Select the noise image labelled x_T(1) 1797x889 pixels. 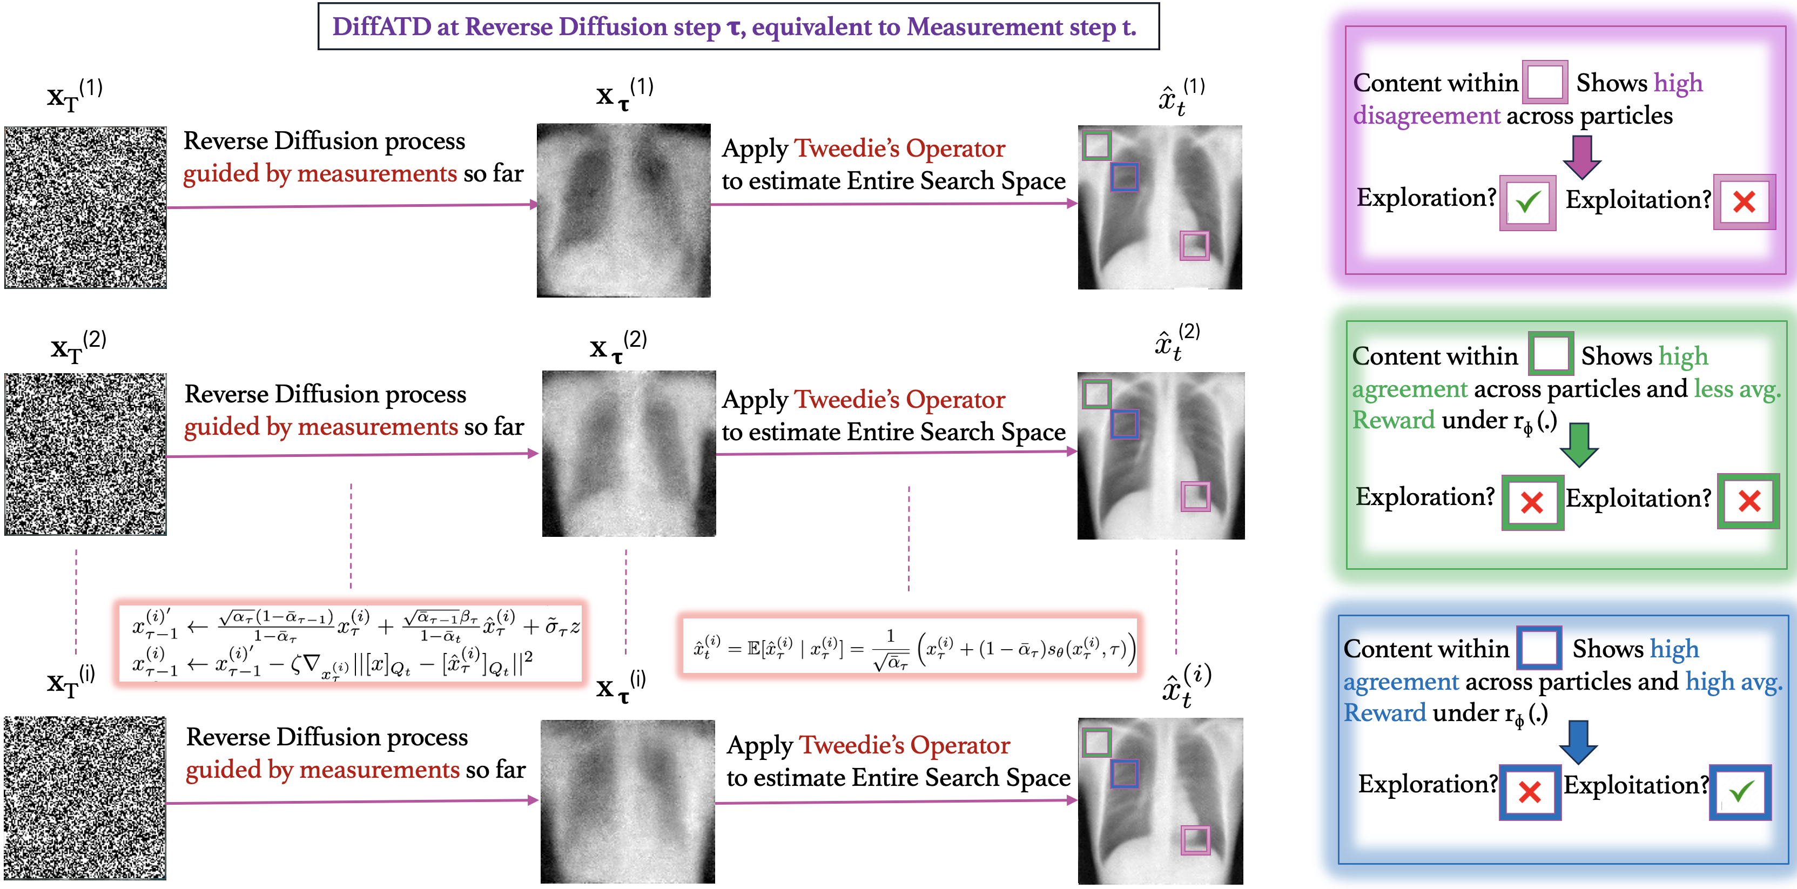coord(86,207)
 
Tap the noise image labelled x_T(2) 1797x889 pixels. coord(86,454)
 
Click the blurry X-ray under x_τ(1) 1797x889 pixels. coord(624,211)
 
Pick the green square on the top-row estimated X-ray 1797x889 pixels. coord(1096,146)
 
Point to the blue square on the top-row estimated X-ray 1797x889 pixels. coord(1125,177)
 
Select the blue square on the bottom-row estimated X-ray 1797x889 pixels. coord(1125,773)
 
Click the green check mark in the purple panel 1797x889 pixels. coord(1527,203)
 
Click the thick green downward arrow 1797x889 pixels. coord(1579,444)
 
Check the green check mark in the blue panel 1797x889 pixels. coord(1741,791)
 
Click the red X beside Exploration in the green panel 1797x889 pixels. coord(1532,502)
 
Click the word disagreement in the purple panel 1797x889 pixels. coord(1426,115)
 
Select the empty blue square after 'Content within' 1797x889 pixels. coord(1539,648)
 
